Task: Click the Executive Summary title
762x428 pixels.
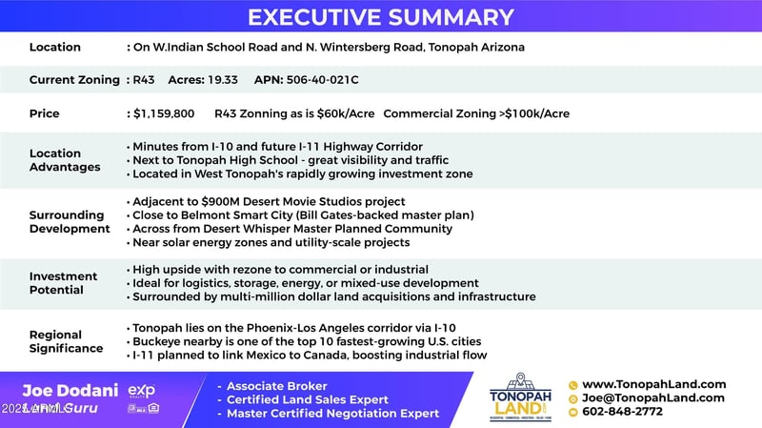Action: [381, 17]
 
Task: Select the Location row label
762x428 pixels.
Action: [55, 48]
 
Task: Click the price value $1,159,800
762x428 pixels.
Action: [164, 113]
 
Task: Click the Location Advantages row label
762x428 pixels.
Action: [65, 160]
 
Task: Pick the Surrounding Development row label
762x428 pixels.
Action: [70, 222]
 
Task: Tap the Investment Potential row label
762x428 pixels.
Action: [65, 283]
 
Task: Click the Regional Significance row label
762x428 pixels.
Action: [66, 341]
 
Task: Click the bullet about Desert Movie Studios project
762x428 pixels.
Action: [269, 201]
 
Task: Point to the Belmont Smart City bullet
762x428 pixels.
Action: [303, 215]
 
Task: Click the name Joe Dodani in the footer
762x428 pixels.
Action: [70, 390]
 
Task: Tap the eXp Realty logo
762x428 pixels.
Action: [141, 391]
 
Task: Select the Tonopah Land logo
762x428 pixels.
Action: [522, 396]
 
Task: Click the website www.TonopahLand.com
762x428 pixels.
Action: [653, 384]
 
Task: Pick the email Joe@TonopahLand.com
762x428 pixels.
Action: [652, 397]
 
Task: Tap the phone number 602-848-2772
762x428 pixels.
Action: [622, 412]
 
